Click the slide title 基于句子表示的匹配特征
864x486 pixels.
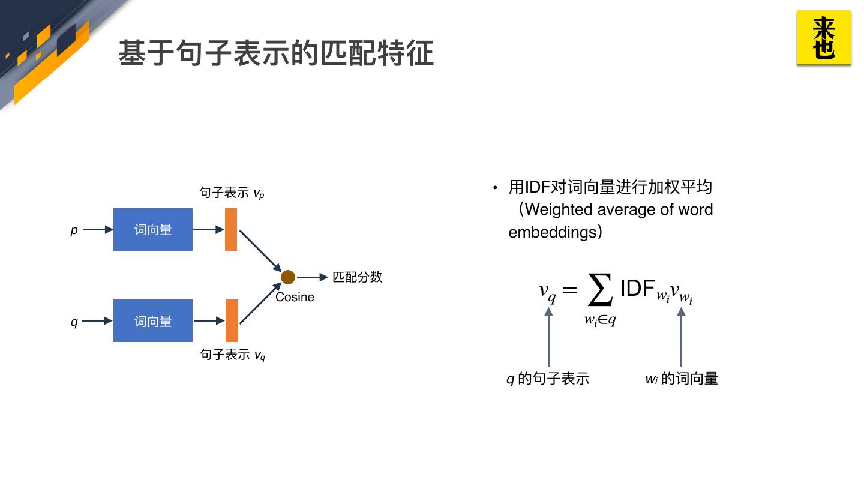coord(275,53)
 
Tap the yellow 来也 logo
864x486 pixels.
coord(823,37)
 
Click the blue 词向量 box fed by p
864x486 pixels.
coord(153,229)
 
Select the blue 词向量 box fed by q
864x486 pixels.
coord(153,321)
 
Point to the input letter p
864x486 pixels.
coord(74,230)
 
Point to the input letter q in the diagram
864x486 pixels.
coord(74,322)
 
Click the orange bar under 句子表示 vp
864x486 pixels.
coord(231,229)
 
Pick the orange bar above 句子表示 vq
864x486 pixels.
coord(232,320)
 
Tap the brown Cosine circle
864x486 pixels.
coord(288,277)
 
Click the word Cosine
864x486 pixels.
coord(295,297)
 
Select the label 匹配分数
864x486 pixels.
coord(358,277)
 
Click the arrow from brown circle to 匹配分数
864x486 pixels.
coord(312,277)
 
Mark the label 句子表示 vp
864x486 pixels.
coord(232,193)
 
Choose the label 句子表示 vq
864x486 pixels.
coord(232,355)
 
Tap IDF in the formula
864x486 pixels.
coord(637,289)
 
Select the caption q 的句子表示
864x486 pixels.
coord(548,379)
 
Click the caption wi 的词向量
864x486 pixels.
coord(682,379)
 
